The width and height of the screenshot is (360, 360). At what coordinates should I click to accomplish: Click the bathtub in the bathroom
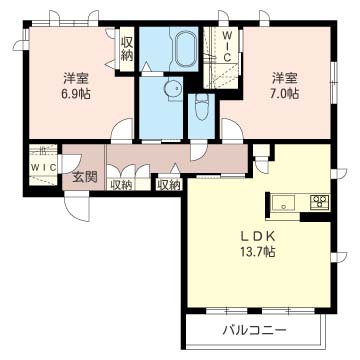point(186,48)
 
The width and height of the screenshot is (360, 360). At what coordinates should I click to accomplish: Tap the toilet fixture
point(202,107)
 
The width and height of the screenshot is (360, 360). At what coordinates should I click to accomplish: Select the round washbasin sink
point(173,88)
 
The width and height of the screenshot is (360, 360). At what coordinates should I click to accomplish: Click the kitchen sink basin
point(283,202)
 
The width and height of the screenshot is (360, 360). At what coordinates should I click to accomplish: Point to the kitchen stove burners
point(320,202)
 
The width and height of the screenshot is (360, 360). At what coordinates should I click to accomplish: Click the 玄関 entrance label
point(85,177)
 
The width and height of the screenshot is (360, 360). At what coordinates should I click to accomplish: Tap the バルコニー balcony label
point(255,331)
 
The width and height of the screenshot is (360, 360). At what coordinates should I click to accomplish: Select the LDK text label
point(258,237)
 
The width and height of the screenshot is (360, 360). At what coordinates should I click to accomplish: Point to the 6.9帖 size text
point(75,94)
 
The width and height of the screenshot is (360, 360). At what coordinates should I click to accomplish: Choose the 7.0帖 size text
point(284,94)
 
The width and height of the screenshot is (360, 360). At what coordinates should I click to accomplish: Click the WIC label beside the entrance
point(43,168)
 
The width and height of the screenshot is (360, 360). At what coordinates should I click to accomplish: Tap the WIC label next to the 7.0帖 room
point(227,46)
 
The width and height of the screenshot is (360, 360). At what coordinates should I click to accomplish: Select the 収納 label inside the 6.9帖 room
point(126,49)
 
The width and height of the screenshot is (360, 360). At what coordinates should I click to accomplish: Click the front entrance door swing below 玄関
point(77,208)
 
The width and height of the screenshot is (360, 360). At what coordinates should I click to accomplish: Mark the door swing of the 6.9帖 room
point(122,130)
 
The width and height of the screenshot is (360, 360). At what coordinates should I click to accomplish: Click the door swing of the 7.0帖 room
point(232,130)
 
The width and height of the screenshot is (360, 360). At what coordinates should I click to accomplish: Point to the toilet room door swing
point(199,152)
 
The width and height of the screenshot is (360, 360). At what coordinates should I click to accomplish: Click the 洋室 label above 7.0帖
point(284,79)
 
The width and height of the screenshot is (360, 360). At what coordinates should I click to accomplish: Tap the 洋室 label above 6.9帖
point(76,79)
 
